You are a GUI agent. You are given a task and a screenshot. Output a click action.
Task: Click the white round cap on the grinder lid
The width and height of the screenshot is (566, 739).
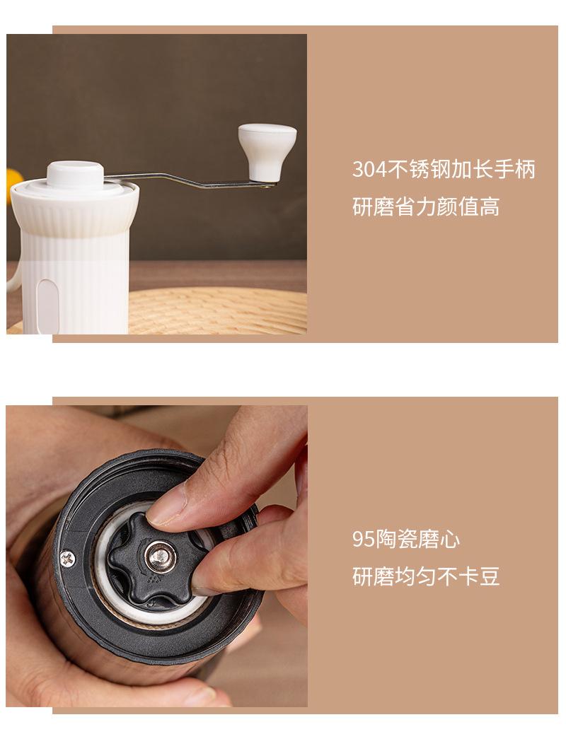point(75,173)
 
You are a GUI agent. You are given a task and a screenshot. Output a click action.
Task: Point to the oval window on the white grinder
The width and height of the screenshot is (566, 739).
point(47,305)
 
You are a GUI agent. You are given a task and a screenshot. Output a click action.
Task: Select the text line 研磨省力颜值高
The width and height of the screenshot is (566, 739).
point(426,207)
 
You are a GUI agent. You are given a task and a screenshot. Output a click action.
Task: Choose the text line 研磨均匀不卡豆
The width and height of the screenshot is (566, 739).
point(426,577)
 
